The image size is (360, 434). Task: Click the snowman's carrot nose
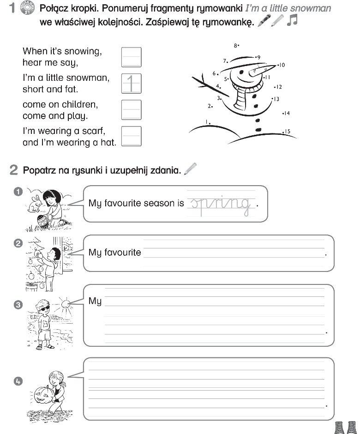tap(259, 71)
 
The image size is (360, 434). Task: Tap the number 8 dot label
tap(235, 46)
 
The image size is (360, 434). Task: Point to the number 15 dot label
tap(287, 132)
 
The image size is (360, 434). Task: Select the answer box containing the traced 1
tap(131, 83)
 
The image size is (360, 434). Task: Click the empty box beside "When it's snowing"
tap(131, 57)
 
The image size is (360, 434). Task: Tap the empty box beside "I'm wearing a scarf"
tap(131, 136)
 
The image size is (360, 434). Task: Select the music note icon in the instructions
tap(292, 20)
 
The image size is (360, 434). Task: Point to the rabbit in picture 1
tap(34, 202)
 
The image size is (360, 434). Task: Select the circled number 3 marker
tap(18, 305)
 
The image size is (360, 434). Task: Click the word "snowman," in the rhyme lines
tap(88, 78)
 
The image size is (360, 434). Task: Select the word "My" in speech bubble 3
tap(95, 301)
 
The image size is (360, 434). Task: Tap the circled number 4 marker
tap(18, 381)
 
